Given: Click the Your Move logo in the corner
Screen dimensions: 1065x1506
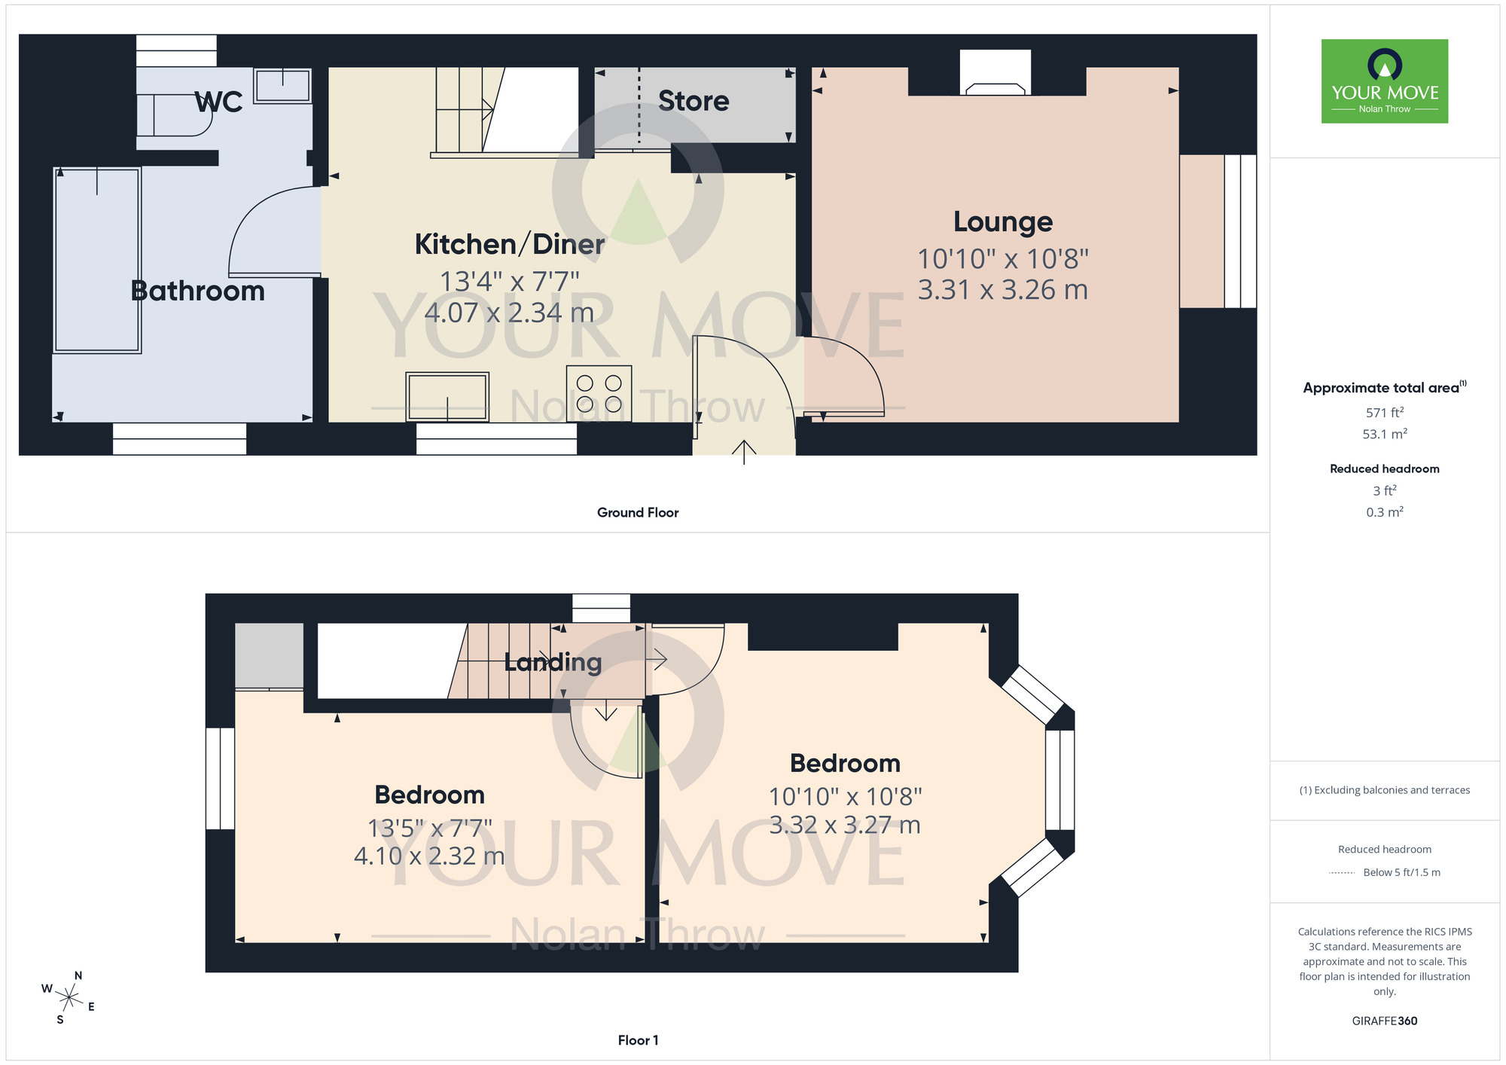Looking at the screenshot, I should [1384, 81].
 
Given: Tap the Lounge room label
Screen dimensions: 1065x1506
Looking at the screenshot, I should [1002, 222].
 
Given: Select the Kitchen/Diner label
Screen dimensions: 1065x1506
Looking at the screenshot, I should [509, 245].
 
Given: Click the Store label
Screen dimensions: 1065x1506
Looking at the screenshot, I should [693, 101].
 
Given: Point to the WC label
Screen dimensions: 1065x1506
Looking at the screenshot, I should [218, 102].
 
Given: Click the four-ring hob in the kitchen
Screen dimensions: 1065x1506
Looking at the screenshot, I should [599, 393].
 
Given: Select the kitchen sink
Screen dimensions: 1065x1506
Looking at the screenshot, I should [447, 396].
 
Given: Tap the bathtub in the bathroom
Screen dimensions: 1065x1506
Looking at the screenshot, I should [97, 260].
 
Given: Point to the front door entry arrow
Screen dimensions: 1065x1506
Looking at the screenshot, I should [744, 452].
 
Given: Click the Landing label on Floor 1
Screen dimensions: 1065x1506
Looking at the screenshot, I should [553, 662].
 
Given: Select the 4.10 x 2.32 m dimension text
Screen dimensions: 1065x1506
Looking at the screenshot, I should [428, 856].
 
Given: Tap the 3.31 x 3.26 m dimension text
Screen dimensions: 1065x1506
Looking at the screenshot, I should [1002, 290].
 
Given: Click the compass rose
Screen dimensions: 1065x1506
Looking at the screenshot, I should [69, 998].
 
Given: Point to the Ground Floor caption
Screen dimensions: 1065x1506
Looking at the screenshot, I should [637, 512].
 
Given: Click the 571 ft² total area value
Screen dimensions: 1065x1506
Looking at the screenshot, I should [1384, 413].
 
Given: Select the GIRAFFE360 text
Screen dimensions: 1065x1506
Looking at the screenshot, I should [1384, 1021].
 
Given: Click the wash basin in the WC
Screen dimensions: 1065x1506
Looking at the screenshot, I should [282, 85].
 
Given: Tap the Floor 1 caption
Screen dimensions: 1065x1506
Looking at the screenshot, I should [637, 1040].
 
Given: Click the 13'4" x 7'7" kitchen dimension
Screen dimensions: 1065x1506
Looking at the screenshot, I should [509, 282].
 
